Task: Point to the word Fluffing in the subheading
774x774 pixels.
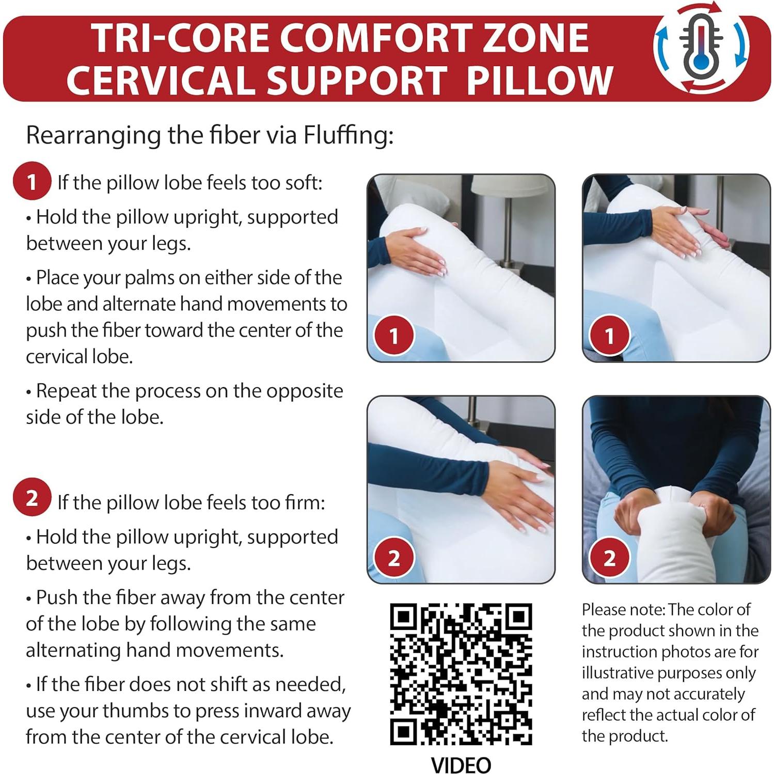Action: (x=348, y=135)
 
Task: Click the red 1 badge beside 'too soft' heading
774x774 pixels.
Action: (x=31, y=181)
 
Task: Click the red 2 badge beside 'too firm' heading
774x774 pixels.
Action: (x=31, y=498)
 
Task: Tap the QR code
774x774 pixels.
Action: (x=461, y=674)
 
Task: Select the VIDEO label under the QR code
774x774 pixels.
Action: (x=461, y=765)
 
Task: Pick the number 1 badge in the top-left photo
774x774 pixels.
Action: (x=394, y=336)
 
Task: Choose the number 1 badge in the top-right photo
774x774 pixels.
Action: (x=609, y=336)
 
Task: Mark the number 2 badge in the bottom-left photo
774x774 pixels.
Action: (x=394, y=558)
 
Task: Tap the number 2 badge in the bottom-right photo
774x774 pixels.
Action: (x=609, y=558)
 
